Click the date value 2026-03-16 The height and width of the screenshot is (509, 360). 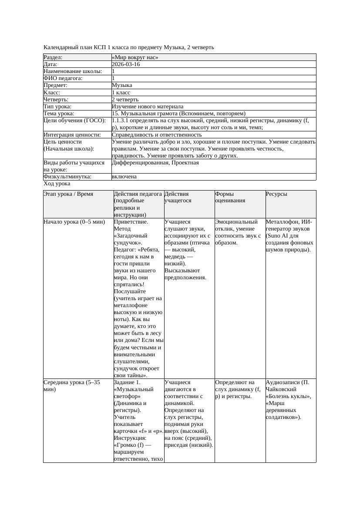click(126, 64)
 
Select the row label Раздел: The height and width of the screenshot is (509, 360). click(53, 57)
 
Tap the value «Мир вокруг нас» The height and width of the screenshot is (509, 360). click(135, 57)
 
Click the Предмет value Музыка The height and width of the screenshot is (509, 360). click(122, 85)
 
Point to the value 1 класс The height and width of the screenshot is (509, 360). click(121, 93)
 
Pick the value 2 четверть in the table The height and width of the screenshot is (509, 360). click(125, 100)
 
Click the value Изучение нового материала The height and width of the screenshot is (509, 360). click(148, 107)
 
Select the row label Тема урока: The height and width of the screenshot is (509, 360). click(59, 114)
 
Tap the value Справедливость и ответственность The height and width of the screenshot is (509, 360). click(157, 135)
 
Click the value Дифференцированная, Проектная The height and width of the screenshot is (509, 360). click(155, 163)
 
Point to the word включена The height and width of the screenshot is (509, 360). click(124, 177)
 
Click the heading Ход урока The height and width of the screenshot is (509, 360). click(57, 184)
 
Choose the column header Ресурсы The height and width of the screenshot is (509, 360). click(276, 194)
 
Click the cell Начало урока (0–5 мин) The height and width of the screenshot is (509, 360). click(74, 222)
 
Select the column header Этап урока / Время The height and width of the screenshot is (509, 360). click(68, 194)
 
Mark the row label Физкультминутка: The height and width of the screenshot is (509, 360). click(67, 177)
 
